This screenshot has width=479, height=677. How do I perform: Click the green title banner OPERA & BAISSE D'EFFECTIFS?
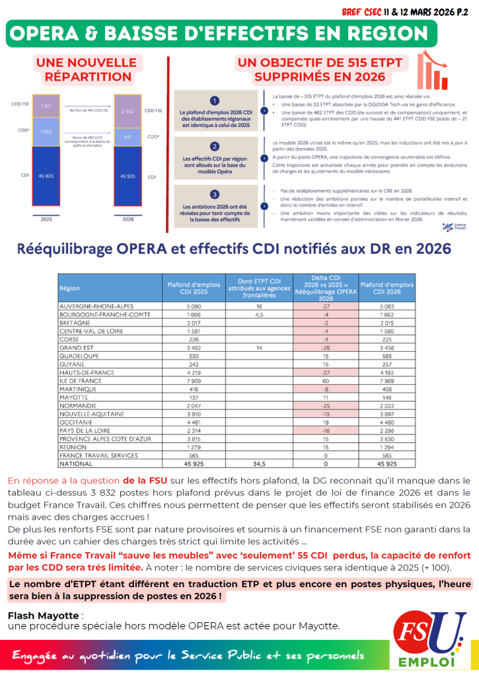tap(222, 33)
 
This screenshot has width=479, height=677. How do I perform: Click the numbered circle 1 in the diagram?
tap(214, 100)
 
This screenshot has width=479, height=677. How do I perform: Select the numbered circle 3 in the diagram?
tap(214, 194)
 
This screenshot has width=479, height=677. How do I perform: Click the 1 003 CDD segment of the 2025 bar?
tap(46, 132)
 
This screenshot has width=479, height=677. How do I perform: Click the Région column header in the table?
tap(69, 288)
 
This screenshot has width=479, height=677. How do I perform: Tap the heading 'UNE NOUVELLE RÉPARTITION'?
tap(87, 70)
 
